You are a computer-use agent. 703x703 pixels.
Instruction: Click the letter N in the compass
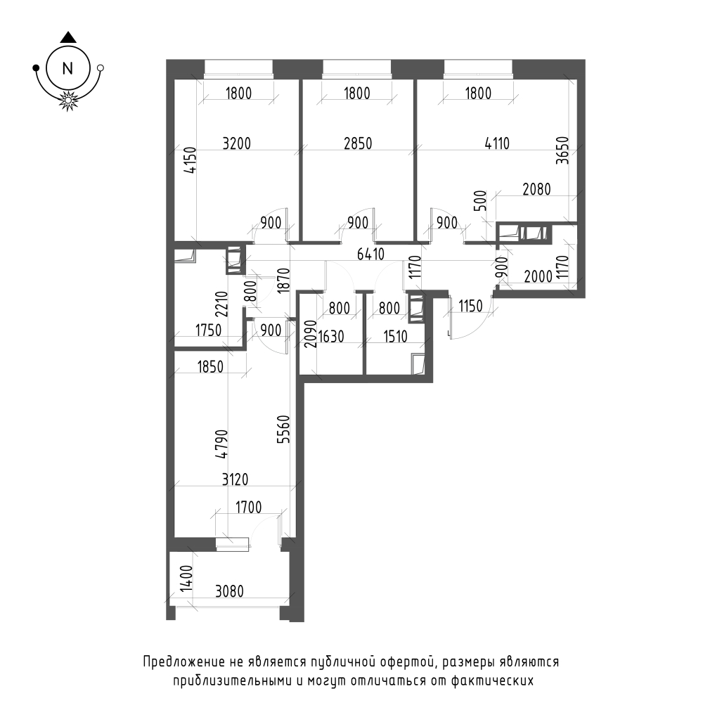click(67, 69)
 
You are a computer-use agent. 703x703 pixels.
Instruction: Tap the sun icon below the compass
click(68, 100)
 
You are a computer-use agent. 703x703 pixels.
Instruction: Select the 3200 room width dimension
click(237, 144)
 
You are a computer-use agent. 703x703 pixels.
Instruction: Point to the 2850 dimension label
click(358, 143)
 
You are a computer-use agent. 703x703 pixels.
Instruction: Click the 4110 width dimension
click(497, 143)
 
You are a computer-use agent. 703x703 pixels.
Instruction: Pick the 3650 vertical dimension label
click(562, 150)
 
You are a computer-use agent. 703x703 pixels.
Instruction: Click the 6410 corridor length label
click(370, 254)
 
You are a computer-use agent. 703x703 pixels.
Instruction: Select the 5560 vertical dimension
click(283, 429)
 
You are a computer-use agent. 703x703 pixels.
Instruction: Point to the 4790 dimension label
click(222, 444)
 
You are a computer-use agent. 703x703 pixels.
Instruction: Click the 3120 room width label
click(236, 479)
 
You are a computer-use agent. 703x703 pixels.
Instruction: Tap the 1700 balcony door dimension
click(248, 508)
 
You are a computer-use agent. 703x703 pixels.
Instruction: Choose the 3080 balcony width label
click(230, 591)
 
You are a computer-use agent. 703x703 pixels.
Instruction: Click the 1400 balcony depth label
click(186, 579)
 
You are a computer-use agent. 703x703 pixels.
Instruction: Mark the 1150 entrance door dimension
click(470, 307)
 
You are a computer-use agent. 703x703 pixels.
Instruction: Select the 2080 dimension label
click(536, 189)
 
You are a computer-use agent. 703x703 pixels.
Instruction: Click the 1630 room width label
click(331, 336)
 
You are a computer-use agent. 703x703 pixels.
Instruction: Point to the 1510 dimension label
click(395, 336)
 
